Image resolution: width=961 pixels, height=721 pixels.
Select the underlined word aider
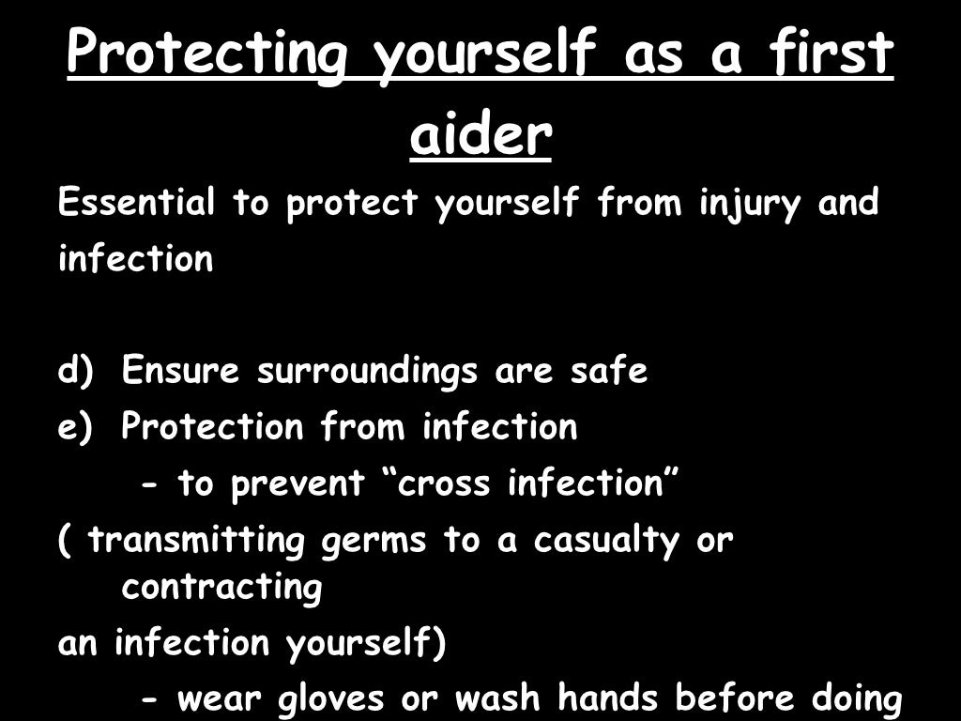coord(480,135)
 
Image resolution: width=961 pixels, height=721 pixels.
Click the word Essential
coord(137,203)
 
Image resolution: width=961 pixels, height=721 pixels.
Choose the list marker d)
coord(77,371)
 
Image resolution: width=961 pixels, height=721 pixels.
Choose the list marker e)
coord(77,427)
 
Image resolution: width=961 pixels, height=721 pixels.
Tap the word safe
coord(609,371)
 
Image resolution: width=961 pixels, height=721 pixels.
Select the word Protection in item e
coord(213,427)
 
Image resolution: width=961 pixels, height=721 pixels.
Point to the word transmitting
coord(197,541)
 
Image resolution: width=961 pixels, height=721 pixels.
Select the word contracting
coord(221,588)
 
